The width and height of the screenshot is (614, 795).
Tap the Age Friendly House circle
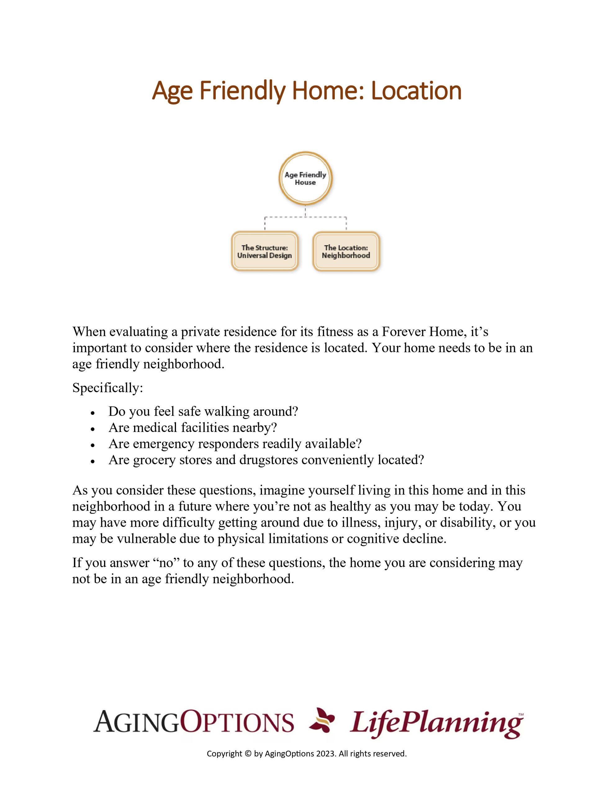(x=305, y=178)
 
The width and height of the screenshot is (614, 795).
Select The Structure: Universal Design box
(x=264, y=251)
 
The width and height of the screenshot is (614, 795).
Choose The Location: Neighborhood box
(x=346, y=251)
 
